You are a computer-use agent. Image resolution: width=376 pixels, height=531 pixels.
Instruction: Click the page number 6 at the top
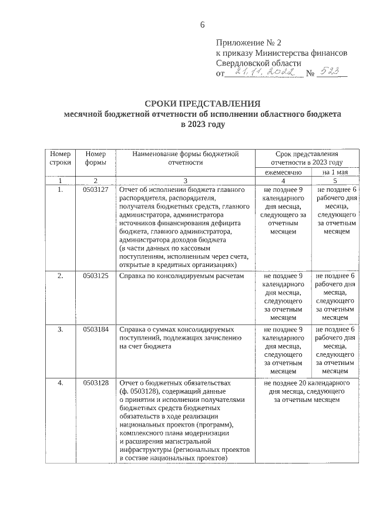(x=203, y=24)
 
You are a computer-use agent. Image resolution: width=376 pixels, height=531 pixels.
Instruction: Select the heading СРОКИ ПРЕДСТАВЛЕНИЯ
(x=203, y=104)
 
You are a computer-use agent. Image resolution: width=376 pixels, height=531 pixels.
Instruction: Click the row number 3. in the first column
(x=60, y=329)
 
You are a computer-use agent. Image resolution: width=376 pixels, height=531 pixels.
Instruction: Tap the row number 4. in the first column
(x=60, y=383)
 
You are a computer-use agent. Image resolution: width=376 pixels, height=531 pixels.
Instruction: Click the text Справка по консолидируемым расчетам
(x=180, y=275)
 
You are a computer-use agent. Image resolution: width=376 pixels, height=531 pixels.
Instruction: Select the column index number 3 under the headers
(x=184, y=181)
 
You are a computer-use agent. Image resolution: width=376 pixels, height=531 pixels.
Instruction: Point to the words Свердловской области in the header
(x=258, y=63)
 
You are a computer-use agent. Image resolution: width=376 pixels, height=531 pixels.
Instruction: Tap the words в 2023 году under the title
(x=203, y=124)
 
